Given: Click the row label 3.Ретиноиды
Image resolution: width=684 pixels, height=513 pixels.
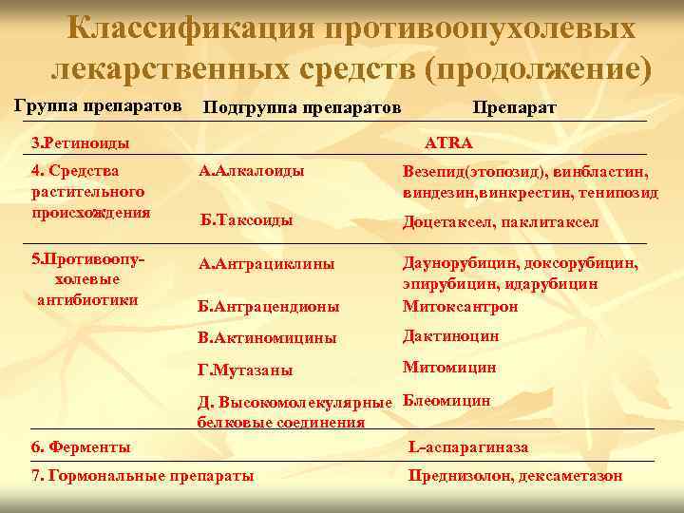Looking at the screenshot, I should click(x=80, y=142).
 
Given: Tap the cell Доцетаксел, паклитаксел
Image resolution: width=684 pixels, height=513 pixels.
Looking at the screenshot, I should click(x=501, y=222).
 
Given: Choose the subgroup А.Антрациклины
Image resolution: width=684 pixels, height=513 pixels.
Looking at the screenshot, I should click(x=266, y=265).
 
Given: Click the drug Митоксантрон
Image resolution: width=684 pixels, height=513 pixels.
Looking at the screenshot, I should click(x=461, y=306).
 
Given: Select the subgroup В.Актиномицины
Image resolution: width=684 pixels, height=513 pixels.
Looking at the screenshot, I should click(x=266, y=337).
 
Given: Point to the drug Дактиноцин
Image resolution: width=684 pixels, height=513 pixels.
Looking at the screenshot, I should click(x=450, y=335).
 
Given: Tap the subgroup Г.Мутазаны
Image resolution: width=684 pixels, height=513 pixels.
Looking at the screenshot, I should click(x=245, y=370).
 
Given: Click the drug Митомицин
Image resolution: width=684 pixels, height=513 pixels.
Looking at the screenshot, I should click(x=448, y=367).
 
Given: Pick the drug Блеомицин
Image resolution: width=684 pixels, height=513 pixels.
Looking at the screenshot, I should click(x=446, y=400).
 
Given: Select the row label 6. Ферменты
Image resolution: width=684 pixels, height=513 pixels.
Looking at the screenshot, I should click(x=81, y=446).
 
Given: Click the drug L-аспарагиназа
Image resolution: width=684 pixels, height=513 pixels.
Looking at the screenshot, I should click(x=468, y=446).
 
